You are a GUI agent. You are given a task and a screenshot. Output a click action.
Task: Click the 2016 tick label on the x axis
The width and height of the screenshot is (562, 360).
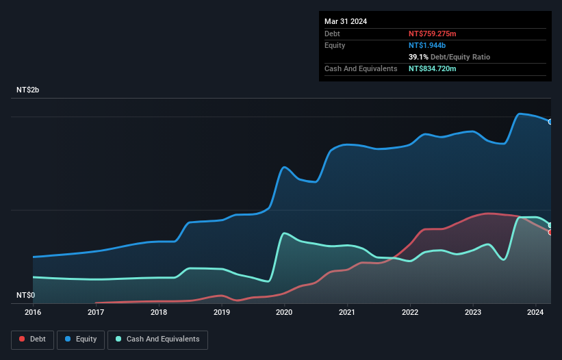(x=33, y=312)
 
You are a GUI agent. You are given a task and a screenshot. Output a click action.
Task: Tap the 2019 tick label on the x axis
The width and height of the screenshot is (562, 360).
(x=221, y=312)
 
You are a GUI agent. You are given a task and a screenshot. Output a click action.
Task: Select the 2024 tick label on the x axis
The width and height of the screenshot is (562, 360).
(x=535, y=312)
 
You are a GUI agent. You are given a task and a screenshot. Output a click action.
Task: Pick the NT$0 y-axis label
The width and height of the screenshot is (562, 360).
(x=26, y=295)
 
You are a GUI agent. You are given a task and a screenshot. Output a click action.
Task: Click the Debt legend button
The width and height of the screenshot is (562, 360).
(x=31, y=339)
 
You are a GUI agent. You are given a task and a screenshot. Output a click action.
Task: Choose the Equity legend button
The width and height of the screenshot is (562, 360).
(x=81, y=339)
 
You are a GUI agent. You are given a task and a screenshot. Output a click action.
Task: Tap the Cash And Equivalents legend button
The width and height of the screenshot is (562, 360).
(x=157, y=339)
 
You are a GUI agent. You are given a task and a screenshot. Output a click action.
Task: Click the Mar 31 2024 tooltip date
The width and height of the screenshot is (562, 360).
(x=346, y=21)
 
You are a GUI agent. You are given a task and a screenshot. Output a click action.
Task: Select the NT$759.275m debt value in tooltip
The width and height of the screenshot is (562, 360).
(x=437, y=34)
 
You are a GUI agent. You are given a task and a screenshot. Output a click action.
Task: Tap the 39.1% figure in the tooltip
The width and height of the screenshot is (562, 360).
(x=418, y=57)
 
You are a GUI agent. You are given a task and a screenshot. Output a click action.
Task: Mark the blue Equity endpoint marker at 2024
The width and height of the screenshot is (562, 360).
(x=550, y=122)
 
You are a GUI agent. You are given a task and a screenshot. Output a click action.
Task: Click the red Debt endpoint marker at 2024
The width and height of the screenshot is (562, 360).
(x=550, y=233)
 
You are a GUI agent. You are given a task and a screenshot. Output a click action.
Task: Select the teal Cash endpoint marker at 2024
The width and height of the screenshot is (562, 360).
(x=550, y=225)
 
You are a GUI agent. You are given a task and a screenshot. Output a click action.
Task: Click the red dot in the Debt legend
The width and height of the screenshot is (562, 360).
(x=22, y=339)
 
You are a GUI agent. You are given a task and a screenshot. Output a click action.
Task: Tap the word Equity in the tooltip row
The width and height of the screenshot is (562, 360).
(x=335, y=45)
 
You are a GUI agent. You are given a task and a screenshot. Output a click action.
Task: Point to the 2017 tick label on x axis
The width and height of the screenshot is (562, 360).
(x=96, y=312)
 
